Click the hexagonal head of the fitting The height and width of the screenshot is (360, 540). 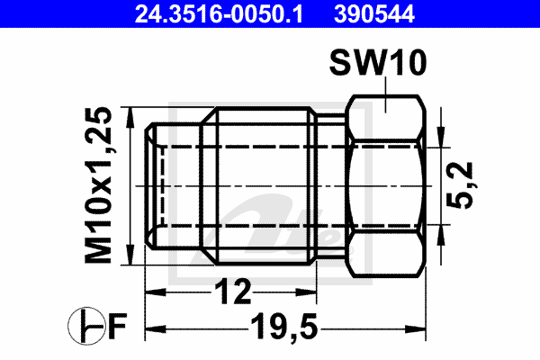pos(384,185)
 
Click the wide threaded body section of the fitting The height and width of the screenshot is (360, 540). pos(261,185)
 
